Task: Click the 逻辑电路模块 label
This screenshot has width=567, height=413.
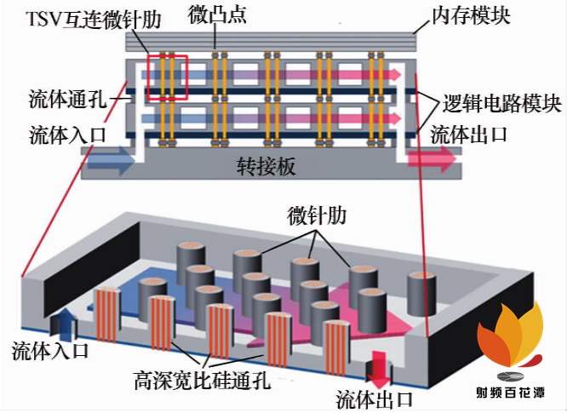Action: pyautogui.click(x=501, y=105)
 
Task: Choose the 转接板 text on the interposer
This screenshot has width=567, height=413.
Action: pyautogui.click(x=266, y=166)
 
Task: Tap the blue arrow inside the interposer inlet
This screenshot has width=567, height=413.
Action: pyautogui.click(x=110, y=159)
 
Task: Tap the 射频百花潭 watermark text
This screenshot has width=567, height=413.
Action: pyautogui.click(x=511, y=393)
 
